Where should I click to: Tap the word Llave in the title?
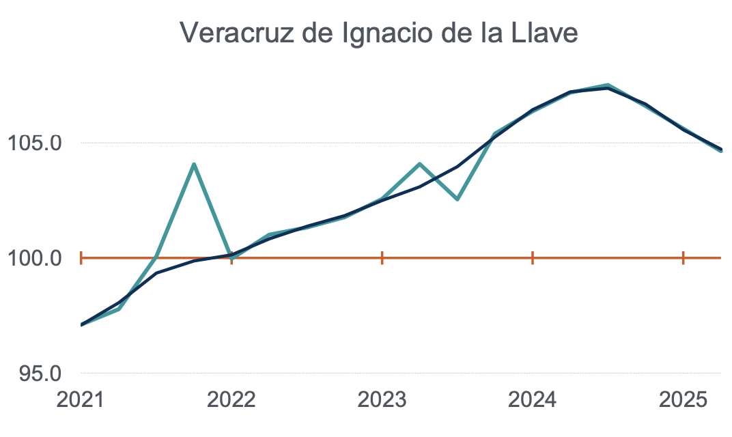[x=544, y=33]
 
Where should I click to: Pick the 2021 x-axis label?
[x=81, y=399]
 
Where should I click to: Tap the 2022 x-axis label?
[x=231, y=399]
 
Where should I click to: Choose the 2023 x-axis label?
[x=382, y=399]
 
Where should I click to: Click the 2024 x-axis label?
[x=533, y=399]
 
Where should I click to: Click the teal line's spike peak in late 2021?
[x=194, y=165]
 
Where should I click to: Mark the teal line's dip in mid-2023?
[x=457, y=199]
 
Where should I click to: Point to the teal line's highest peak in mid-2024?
[x=608, y=85]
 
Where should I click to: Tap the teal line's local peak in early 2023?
[x=420, y=164]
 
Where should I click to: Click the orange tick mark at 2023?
[x=382, y=258]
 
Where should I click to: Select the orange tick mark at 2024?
[x=533, y=258]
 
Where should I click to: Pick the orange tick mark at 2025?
[x=684, y=258]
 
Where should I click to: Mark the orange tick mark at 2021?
[x=81, y=258]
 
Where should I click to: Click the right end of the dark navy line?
[x=721, y=150]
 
